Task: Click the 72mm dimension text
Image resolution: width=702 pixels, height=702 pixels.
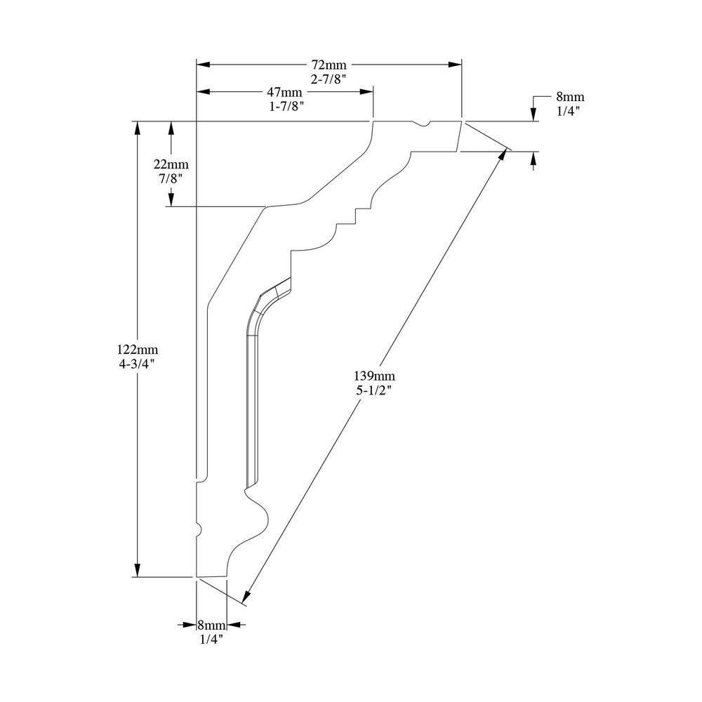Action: point(329,65)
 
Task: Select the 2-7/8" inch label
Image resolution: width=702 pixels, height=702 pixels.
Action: point(329,79)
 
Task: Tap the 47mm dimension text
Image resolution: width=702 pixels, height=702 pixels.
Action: point(284,92)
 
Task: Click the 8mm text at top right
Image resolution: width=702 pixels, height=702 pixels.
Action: point(569,97)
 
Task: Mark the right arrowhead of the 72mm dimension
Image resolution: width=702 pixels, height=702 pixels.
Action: point(456,65)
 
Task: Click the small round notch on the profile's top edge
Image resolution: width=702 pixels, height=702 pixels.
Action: point(423,124)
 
